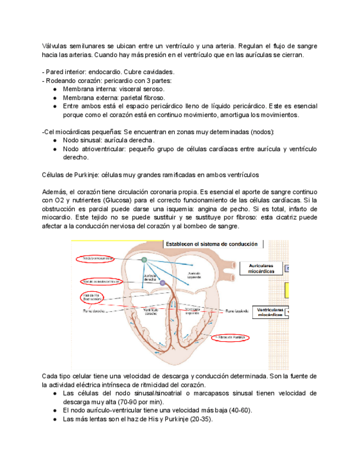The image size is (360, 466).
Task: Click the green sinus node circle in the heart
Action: tap(143, 260)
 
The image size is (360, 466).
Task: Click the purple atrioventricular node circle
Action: tap(162, 282)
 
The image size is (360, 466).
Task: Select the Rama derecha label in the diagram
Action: tap(94, 311)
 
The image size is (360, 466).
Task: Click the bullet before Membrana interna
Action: tap(56, 89)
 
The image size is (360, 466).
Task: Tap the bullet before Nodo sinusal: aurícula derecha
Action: tap(56, 140)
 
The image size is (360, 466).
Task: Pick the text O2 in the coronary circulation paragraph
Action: tap(61, 200)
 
